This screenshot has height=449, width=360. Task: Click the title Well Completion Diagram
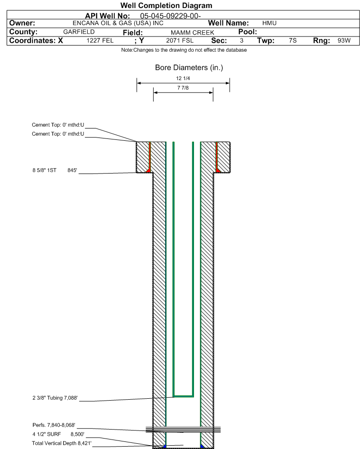pyautogui.click(x=166, y=5)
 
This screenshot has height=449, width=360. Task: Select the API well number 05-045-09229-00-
pyautogui.click(x=170, y=16)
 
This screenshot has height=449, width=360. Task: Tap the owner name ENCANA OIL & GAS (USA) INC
pyautogui.click(x=118, y=23)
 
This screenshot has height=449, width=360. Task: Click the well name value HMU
pyautogui.click(x=269, y=23)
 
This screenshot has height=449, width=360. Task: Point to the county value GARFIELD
pyautogui.click(x=79, y=32)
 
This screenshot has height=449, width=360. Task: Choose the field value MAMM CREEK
pyautogui.click(x=193, y=33)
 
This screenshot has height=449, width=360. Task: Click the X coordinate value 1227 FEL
pyautogui.click(x=100, y=41)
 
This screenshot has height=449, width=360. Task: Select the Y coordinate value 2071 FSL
pyautogui.click(x=180, y=41)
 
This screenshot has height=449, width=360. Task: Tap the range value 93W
pyautogui.click(x=344, y=40)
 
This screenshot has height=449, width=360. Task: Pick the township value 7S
pyautogui.click(x=293, y=40)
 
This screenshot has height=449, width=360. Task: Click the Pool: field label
pyautogui.click(x=248, y=32)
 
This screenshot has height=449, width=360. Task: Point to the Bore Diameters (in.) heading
pyautogui.click(x=189, y=68)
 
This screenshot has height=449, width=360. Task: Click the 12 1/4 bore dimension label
pyautogui.click(x=183, y=78)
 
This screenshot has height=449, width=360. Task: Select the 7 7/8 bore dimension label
pyautogui.click(x=183, y=88)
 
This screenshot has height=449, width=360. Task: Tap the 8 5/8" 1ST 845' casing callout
pyautogui.click(x=55, y=170)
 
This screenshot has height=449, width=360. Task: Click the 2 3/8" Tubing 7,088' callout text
pyautogui.click(x=55, y=398)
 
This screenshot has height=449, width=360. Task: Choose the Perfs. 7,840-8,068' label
pyautogui.click(x=54, y=425)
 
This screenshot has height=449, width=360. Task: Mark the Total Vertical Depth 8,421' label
pyautogui.click(x=62, y=443)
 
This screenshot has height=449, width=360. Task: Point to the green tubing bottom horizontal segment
pyautogui.click(x=183, y=396)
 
